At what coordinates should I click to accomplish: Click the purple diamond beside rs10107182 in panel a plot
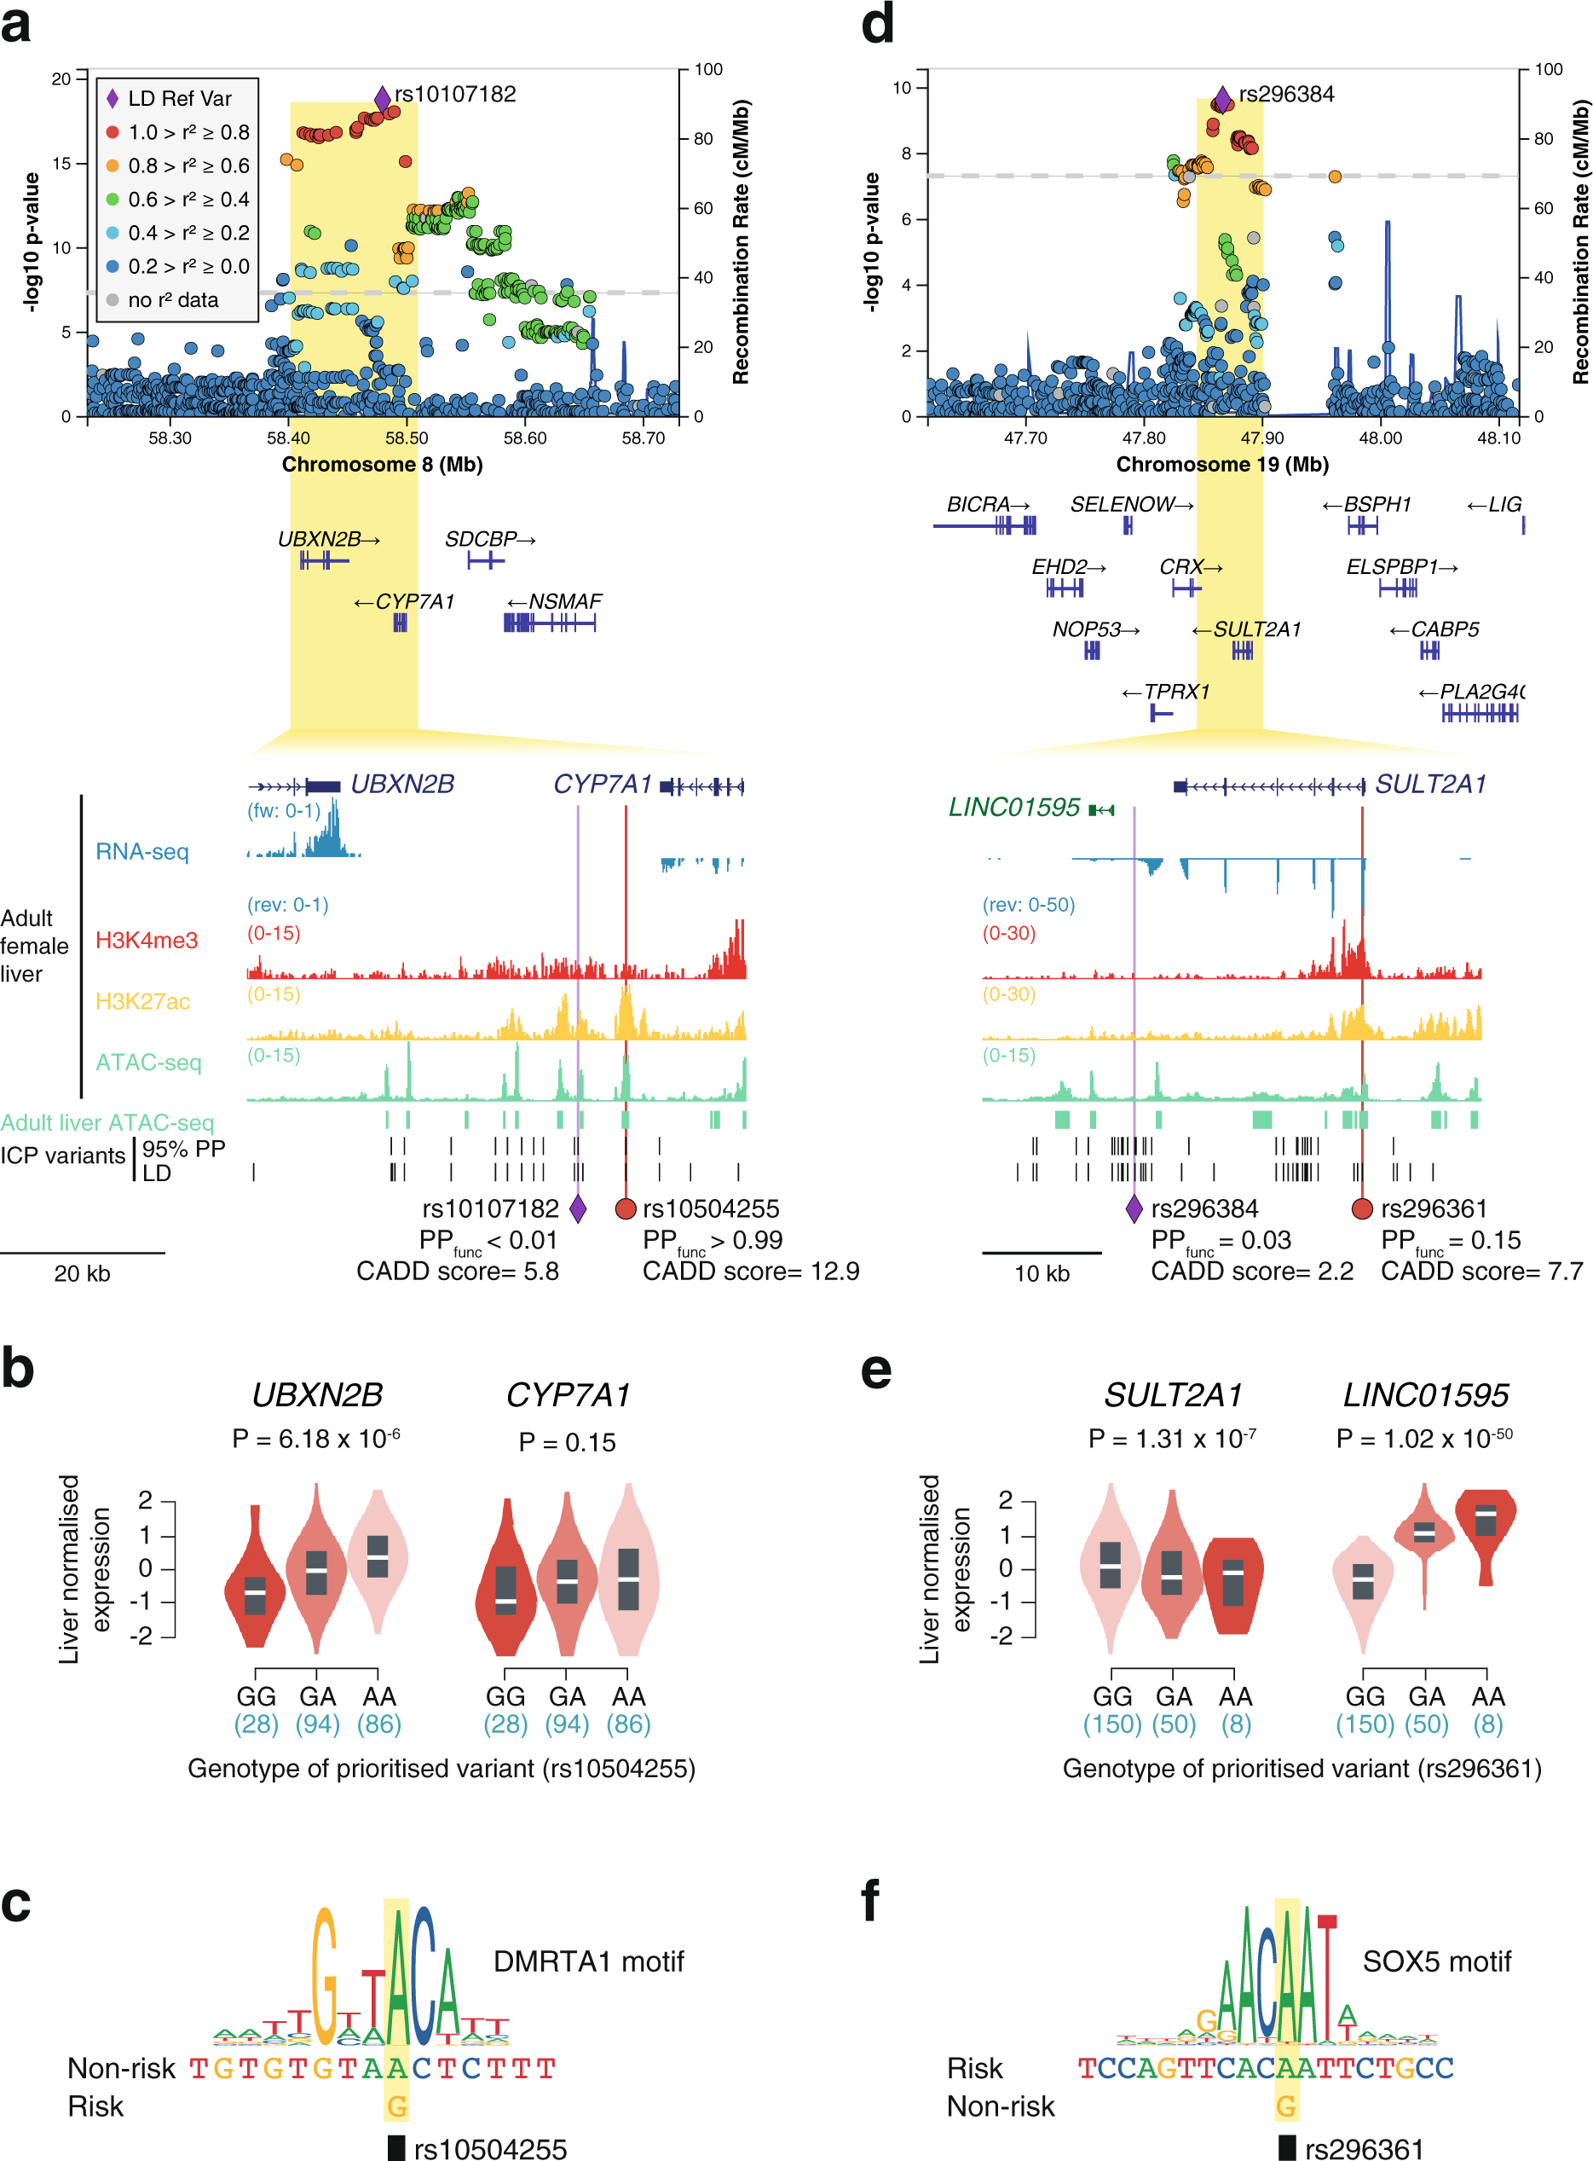[382, 98]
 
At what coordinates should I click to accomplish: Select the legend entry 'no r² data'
[173, 300]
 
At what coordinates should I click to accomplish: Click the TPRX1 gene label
[1175, 692]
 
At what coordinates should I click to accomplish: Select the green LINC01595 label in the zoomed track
[1013, 808]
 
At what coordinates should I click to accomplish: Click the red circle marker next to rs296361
[1361, 1208]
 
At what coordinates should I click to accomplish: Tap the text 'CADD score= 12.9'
[750, 1272]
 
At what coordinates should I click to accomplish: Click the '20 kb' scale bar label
[82, 1273]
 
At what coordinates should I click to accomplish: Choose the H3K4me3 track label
[147, 941]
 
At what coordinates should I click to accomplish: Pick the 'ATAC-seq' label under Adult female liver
[148, 1063]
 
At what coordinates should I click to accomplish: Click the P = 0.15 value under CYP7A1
[567, 1442]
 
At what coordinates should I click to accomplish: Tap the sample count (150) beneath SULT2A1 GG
[1111, 1724]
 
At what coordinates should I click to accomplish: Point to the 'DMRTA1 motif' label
[588, 1961]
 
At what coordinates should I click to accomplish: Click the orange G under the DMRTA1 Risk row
[396, 2106]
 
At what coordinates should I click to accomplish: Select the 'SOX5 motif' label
[1436, 1961]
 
